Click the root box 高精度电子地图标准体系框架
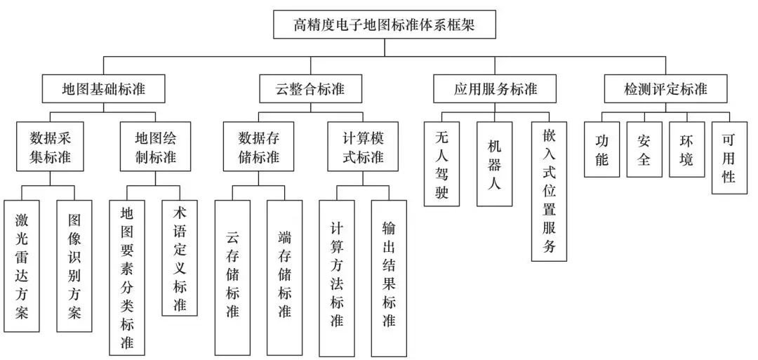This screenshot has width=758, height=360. coord(385,26)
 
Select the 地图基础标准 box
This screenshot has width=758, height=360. coord(103,89)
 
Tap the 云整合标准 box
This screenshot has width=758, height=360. coord(310,89)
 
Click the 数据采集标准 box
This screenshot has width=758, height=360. coord(51,146)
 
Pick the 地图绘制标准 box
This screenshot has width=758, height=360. coord(155,146)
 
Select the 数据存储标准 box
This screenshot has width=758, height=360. coord(258,146)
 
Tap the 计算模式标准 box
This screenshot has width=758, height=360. coord(362,146)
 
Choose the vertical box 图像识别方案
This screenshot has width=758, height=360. coord(74,266)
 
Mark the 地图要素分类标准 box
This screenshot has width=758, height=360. coord(127,277)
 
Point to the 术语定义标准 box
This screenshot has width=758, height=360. coord(180,258)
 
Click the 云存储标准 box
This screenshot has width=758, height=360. coord(232,277)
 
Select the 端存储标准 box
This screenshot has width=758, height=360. coord(284,277)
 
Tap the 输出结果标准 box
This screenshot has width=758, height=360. coord(389,277)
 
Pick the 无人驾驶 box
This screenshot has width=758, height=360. coord(442,164)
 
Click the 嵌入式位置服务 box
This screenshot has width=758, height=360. coord(549,191)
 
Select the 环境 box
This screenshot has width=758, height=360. coord(686,149)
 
